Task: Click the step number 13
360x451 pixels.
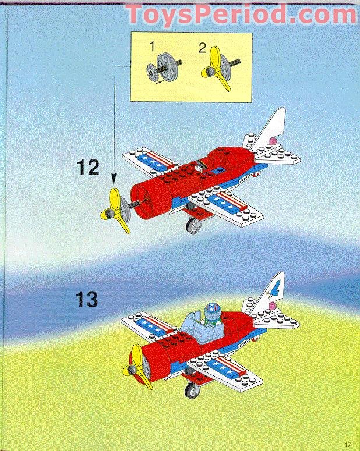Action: click(x=86, y=300)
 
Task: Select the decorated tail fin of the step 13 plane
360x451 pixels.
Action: click(x=270, y=292)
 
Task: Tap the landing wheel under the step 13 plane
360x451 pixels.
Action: click(x=192, y=389)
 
